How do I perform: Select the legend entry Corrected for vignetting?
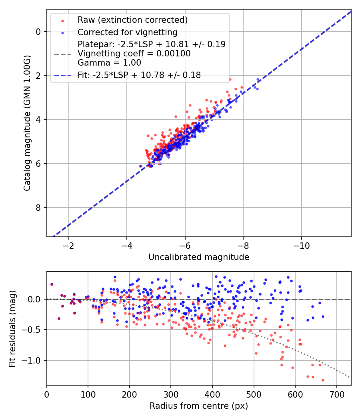[128, 32]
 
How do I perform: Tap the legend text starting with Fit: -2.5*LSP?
[139, 74]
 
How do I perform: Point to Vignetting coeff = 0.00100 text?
[134, 54]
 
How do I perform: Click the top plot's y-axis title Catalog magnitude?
[27, 123]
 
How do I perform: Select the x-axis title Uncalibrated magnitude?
[199, 257]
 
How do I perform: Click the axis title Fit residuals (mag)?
[12, 328]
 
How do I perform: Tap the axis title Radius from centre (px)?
[199, 406]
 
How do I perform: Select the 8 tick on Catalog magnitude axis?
[38, 208]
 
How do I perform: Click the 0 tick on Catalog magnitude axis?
[38, 32]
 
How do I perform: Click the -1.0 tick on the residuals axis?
[32, 361]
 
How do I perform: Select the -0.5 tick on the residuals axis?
[32, 330]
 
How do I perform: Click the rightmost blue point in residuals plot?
[323, 316]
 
